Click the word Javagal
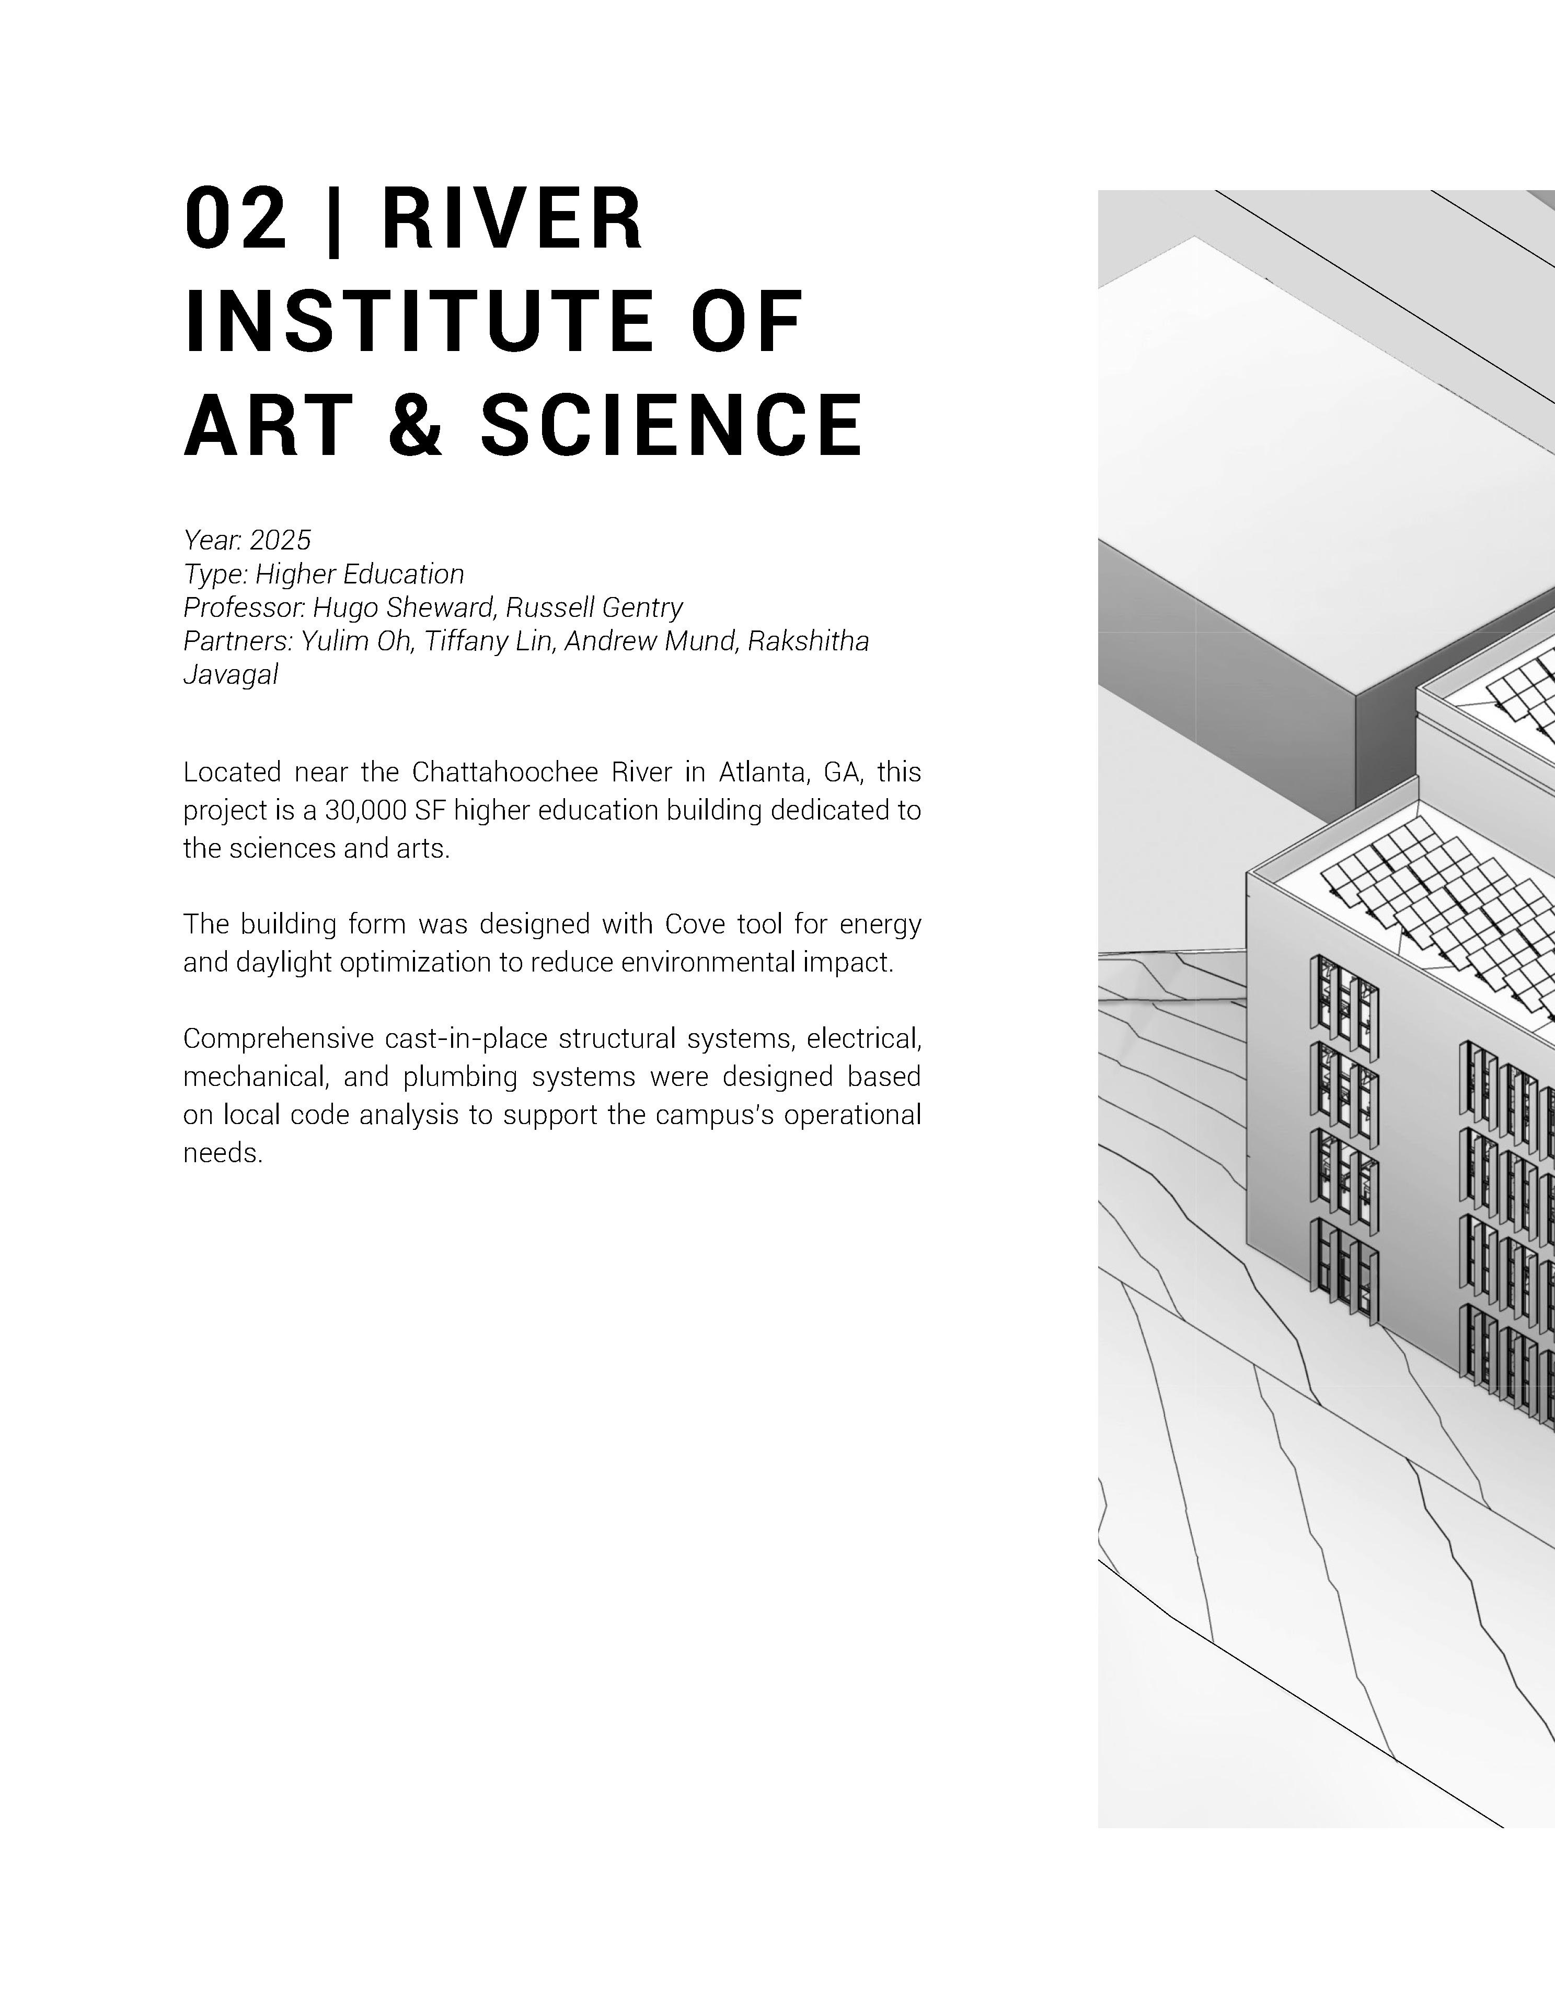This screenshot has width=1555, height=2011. [231, 675]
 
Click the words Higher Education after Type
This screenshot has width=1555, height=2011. [359, 574]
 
